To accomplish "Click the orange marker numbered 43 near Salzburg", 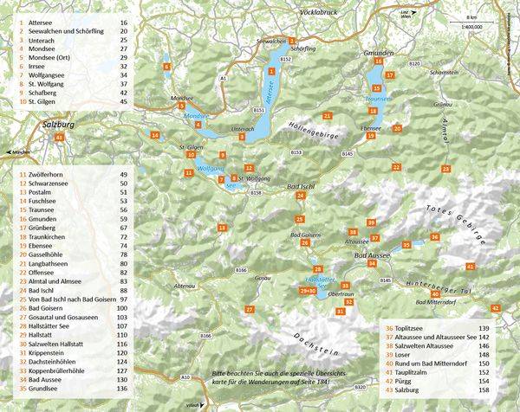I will [x=59, y=138].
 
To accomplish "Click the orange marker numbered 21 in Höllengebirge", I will [x=327, y=115].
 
